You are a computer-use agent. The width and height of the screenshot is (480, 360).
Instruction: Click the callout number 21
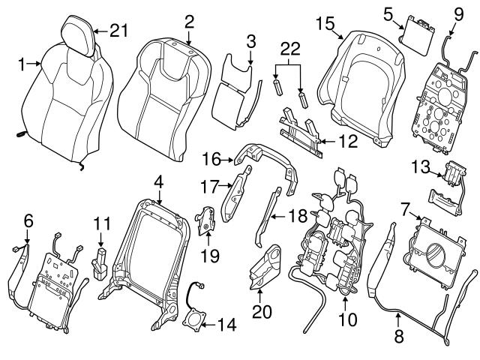pyautogui.click(x=119, y=31)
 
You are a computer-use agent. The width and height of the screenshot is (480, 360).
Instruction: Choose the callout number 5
pyautogui.click(x=388, y=13)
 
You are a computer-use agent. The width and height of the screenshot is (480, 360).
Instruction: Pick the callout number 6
pyautogui.click(x=28, y=220)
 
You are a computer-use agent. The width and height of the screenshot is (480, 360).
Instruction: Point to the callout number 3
pyautogui.click(x=250, y=38)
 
